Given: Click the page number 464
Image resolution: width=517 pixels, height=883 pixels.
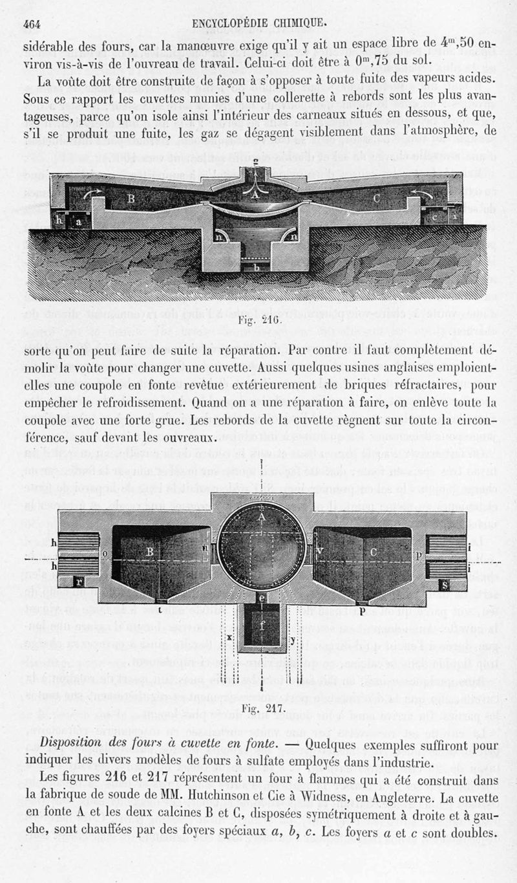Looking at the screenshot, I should click(32, 24).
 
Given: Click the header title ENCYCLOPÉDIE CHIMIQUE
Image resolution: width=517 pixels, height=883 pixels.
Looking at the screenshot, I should click(259, 24).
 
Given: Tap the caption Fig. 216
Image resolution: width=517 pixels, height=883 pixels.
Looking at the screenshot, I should click(260, 320).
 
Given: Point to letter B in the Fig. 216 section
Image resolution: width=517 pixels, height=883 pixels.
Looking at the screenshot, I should click(131, 199).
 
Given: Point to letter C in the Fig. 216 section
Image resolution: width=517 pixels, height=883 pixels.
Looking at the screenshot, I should click(377, 199).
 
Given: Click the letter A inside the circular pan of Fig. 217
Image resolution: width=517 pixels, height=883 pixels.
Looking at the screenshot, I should click(262, 518).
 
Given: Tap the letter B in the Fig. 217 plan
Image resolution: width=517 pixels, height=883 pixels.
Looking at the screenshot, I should click(149, 552).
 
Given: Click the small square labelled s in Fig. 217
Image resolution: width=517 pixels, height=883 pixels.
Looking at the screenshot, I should click(444, 585).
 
